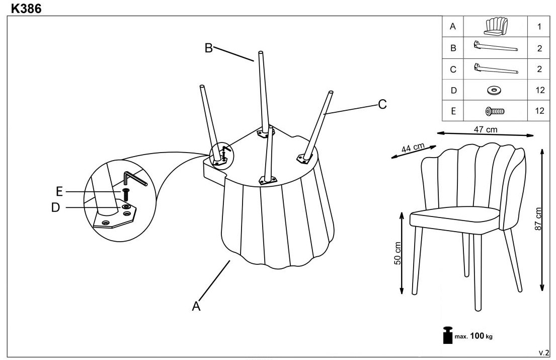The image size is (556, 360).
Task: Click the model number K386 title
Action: tap(26, 8)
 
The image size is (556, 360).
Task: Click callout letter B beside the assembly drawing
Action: tap(208, 48)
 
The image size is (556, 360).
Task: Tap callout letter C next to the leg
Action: tap(382, 104)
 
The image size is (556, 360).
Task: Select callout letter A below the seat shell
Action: tap(196, 306)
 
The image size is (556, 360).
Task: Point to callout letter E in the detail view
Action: tap(59, 192)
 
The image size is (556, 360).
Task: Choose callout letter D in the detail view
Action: tap(56, 207)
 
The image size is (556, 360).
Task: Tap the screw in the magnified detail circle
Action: tap(125, 195)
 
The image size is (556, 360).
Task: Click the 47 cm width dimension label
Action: tap(486, 129)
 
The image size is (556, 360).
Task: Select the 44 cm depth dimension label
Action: tap(413, 147)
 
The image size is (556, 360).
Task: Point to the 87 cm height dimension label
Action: tap(538, 219)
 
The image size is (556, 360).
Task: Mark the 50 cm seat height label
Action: tap(398, 253)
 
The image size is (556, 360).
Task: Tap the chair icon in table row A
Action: tap(496, 27)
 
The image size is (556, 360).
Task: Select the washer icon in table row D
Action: tap(494, 91)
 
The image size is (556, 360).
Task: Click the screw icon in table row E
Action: tap(495, 111)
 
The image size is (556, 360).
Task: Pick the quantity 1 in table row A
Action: tap(539, 27)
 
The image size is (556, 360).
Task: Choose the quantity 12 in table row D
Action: tap(540, 90)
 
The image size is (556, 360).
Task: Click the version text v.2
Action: tap(543, 352)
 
